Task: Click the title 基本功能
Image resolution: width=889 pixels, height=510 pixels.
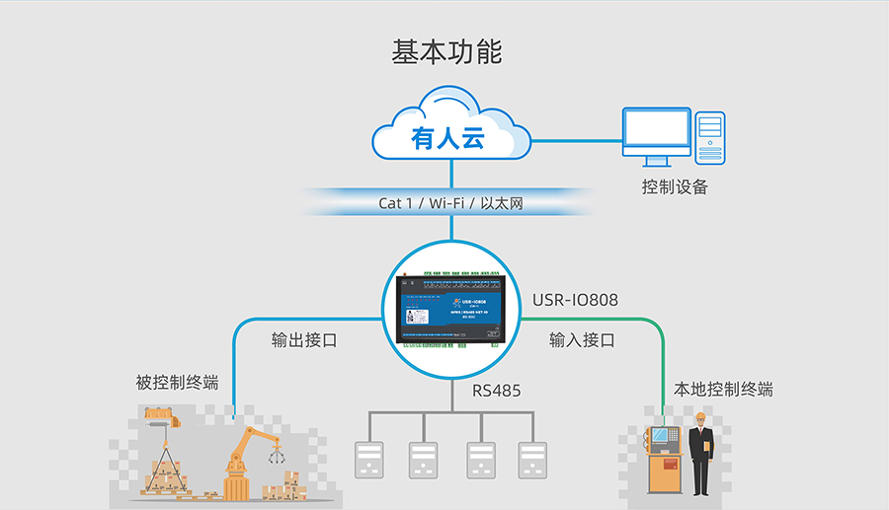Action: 446,52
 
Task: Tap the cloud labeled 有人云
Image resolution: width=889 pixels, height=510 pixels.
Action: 450,130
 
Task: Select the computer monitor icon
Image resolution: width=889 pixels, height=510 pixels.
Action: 656,138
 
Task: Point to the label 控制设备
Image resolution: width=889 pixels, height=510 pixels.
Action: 675,186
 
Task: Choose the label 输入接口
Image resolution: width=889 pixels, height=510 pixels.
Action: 582,340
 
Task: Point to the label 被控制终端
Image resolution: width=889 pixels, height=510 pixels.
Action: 177,383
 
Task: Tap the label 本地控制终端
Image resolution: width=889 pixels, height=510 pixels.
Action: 723,389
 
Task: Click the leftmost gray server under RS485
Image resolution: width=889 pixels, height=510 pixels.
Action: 368,460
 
